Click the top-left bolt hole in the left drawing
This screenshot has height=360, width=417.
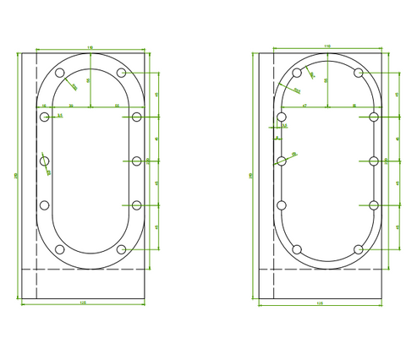[60, 74]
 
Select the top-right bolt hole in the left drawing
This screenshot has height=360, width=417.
[123, 74]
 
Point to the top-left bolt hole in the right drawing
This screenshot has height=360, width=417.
[297, 74]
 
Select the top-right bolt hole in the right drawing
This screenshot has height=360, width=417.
[359, 74]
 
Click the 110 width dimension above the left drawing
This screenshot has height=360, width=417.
[91, 46]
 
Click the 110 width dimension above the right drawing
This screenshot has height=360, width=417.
[327, 46]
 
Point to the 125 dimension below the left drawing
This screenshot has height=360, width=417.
[82, 303]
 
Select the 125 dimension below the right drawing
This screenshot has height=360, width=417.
[319, 303]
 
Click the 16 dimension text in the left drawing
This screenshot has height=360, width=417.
[44, 106]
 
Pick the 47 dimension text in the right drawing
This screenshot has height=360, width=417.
[304, 106]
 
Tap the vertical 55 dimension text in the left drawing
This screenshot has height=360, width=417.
[89, 81]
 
